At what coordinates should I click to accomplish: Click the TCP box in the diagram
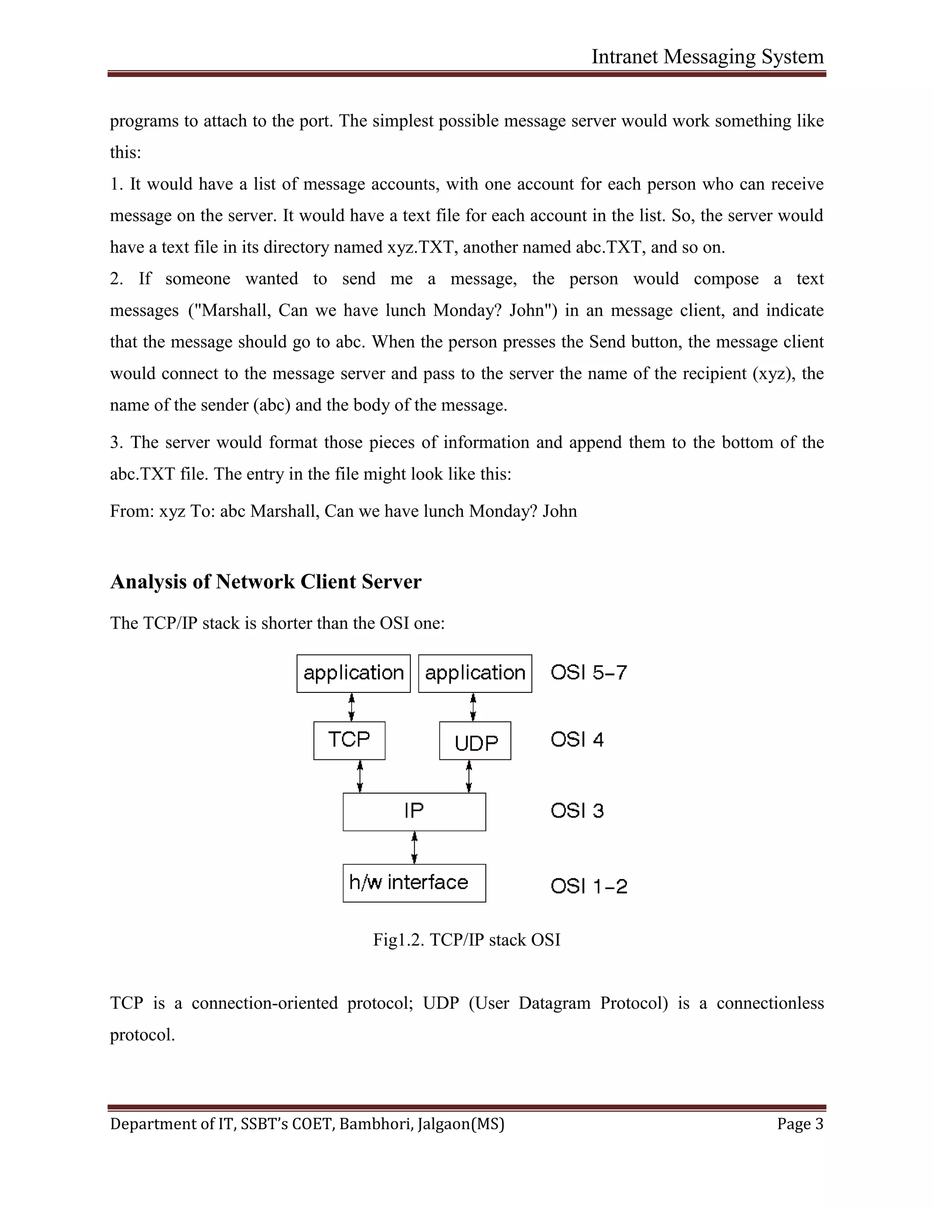[349, 740]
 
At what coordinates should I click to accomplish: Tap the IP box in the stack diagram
[414, 811]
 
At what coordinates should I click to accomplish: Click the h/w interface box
[414, 883]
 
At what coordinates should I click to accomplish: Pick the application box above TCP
[353, 673]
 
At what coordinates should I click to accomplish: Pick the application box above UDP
[475, 673]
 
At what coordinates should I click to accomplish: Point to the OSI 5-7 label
[588, 672]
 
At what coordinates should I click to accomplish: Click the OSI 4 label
[576, 739]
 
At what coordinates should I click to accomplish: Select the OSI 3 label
[576, 811]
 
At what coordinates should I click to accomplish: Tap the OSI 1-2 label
[588, 886]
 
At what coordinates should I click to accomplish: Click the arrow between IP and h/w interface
[415, 847]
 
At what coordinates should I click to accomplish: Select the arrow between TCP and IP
[360, 776]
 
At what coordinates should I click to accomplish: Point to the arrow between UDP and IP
[469, 776]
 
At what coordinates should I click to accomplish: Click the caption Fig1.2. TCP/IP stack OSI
[467, 940]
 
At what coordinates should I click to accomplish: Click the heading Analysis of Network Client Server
[265, 582]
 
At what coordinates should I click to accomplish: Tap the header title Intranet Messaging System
[707, 57]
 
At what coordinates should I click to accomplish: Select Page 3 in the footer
[800, 1124]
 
